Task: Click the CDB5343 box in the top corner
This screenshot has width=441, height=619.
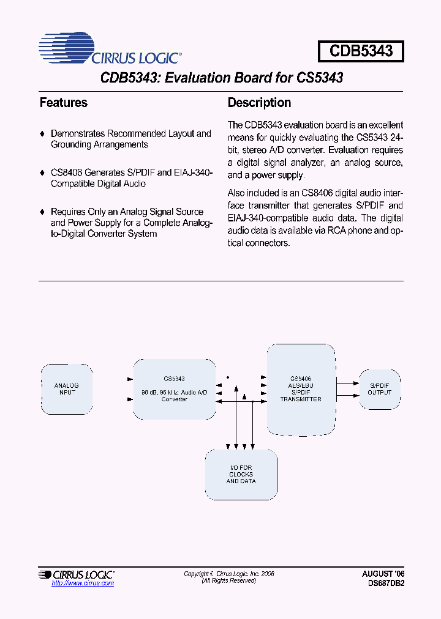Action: coord(361,51)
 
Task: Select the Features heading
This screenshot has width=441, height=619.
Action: coord(64,103)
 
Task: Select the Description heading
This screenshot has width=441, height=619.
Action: coord(259,103)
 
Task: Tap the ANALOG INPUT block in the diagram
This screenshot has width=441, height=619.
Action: coord(67,389)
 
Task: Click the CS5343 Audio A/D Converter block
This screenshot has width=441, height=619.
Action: coord(175,389)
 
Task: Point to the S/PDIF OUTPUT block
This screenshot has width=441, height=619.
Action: coord(380,389)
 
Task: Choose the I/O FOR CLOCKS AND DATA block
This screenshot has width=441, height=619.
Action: coord(241,475)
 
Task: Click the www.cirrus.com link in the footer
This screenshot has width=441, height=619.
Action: coord(83,583)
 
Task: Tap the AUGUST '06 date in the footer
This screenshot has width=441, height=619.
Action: coord(383,574)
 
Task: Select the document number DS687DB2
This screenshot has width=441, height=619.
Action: coord(383,583)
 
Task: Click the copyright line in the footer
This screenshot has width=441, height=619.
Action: coord(229,574)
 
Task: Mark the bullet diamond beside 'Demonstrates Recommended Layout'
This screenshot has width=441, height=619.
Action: coord(42,133)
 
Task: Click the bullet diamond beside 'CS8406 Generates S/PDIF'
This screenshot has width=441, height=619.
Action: coord(42,172)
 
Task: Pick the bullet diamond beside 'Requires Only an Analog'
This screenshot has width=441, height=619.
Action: coord(42,212)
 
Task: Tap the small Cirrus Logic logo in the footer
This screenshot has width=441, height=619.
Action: coord(76,574)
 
